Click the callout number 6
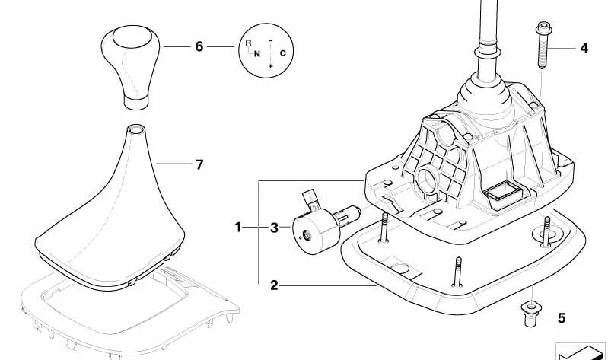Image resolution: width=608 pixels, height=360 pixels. tap(199, 47)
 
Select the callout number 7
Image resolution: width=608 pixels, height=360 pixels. tap(199, 165)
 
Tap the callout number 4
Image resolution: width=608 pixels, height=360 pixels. tap(584, 49)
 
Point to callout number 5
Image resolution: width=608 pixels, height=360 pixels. tap(562, 318)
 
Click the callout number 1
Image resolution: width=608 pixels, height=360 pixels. tap(238, 227)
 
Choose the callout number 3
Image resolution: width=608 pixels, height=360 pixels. tap(274, 228)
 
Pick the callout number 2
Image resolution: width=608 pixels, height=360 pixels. tap(274, 285)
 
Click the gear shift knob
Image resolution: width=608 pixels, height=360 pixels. tap(130, 67)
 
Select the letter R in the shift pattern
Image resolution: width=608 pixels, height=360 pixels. tap(249, 43)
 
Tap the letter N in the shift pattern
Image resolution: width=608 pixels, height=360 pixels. tap(257, 54)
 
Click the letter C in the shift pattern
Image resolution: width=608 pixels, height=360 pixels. tap(282, 53)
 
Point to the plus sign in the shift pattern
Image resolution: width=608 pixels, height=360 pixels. tap(270, 66)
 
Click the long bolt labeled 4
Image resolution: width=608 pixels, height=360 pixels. tap(543, 45)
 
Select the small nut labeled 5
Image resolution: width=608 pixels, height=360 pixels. tap(530, 314)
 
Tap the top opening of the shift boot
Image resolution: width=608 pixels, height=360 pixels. tap(135, 129)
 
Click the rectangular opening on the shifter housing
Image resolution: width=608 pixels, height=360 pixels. tap(504, 190)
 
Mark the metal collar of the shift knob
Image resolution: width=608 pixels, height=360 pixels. tap(135, 102)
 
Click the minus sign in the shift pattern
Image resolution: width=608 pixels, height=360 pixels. tap(270, 40)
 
